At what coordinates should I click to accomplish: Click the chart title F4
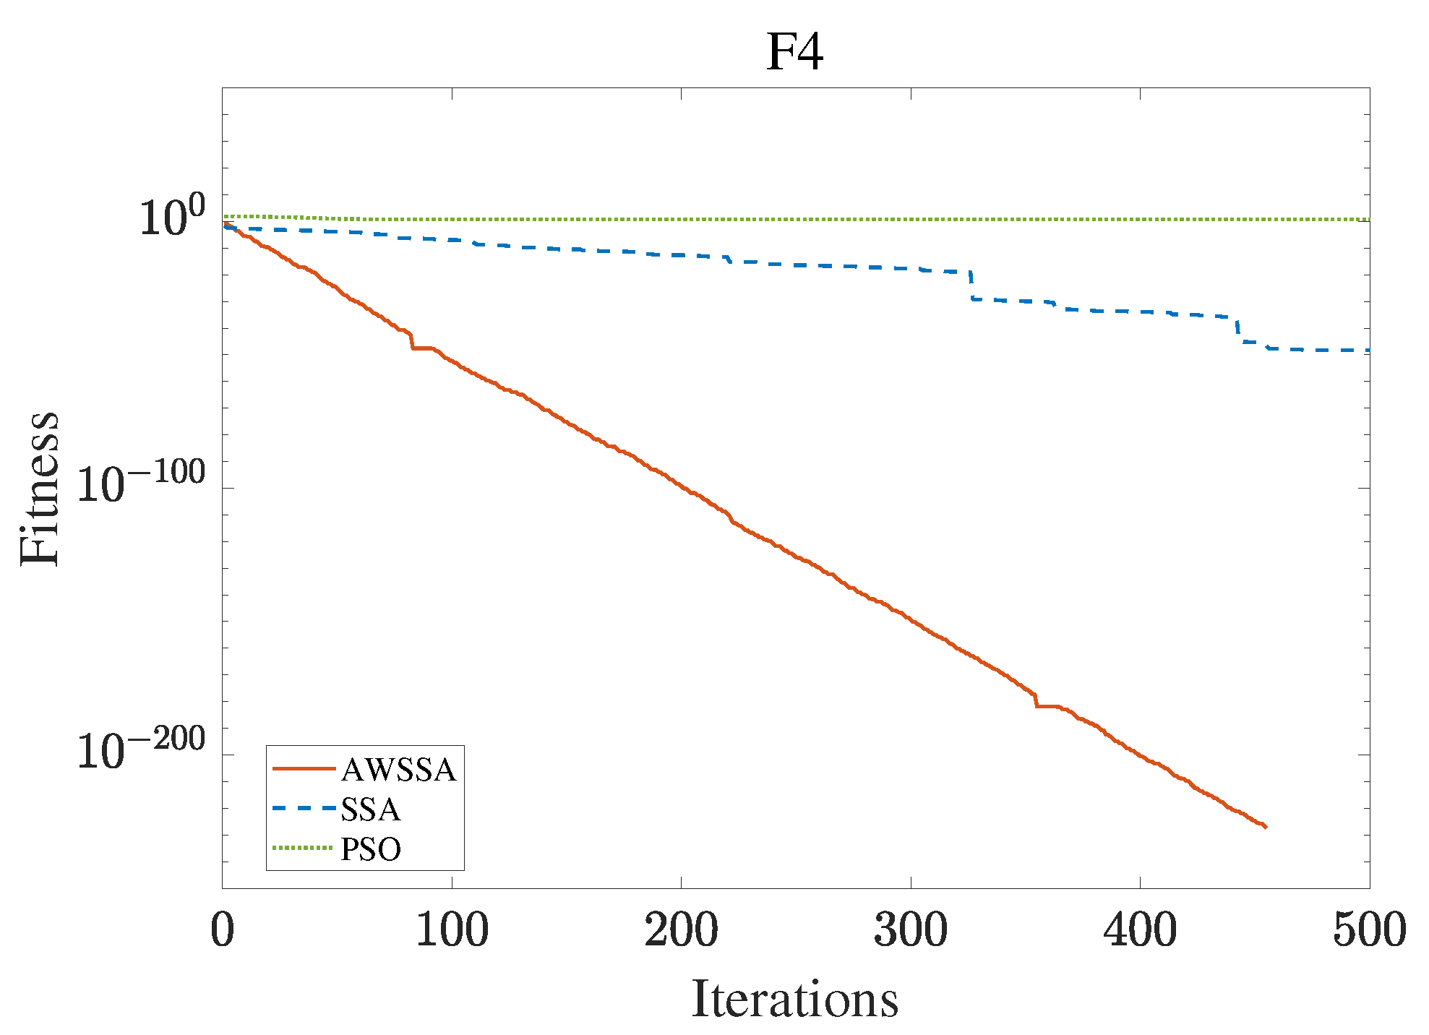coord(794,52)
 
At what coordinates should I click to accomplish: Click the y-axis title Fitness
coord(40,489)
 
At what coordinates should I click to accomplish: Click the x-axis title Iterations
coord(794,1000)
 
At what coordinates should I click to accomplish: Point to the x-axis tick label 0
coord(223,929)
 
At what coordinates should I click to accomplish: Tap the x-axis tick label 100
coord(452,929)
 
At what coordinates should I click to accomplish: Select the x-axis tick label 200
coord(681,929)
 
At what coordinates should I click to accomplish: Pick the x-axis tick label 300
coord(911,929)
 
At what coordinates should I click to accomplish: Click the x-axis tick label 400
coord(1140,929)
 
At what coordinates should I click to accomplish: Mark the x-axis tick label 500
coord(1369,929)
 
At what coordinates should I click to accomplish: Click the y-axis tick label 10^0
coord(171,215)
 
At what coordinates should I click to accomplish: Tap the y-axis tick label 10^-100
coord(141,483)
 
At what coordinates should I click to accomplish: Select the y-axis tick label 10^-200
coord(141,750)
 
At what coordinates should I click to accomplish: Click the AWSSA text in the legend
coord(398,770)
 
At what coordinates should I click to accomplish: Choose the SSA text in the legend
coord(370,809)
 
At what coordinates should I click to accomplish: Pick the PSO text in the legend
coord(370,849)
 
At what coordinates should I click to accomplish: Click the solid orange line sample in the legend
coord(304,769)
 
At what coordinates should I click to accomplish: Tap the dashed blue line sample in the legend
coord(304,809)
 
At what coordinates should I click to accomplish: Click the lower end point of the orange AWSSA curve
coord(1265,827)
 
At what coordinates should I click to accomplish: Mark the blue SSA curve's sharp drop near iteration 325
coord(971,286)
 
